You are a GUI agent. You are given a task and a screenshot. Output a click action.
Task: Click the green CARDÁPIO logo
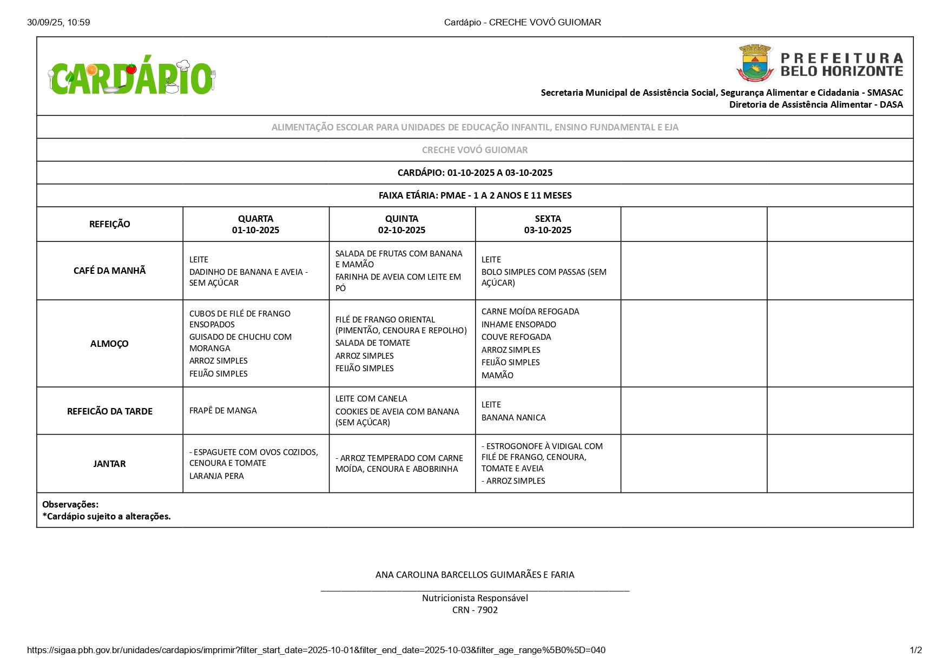131,77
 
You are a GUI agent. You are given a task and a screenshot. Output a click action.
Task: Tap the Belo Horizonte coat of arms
754,64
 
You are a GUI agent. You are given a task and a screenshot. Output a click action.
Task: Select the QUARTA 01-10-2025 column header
255,224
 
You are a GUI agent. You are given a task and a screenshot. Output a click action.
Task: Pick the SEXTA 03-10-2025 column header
548,224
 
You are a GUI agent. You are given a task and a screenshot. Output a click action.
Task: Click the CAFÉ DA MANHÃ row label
109,271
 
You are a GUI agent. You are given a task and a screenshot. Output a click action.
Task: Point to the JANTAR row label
109,464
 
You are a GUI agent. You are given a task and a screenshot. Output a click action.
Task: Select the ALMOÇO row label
109,344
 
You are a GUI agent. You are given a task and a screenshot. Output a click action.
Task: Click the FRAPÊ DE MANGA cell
223,411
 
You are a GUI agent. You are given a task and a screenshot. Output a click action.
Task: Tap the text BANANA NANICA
513,418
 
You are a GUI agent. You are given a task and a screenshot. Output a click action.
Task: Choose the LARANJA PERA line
216,476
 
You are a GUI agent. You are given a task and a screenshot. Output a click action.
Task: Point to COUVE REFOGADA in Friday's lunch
516,337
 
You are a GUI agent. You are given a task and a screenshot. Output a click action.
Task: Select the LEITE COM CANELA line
371,399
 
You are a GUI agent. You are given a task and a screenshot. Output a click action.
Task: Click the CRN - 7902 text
475,610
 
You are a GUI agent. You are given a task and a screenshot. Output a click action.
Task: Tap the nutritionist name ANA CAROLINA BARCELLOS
475,575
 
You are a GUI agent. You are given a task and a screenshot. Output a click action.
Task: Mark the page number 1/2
915,650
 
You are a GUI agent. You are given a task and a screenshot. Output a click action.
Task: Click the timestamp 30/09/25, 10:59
58,22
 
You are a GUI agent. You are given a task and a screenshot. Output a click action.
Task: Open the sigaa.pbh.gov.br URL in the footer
316,650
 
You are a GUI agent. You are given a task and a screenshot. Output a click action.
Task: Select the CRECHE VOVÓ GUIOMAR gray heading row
475,150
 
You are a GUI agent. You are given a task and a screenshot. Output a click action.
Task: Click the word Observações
70,504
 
